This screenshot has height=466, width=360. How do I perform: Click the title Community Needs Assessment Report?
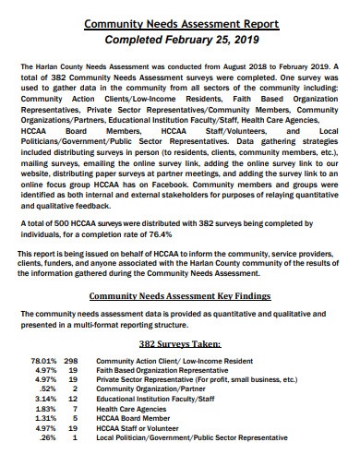179,26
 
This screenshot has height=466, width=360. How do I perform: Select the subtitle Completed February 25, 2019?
179,42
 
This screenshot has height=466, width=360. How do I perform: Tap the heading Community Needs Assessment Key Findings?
179,296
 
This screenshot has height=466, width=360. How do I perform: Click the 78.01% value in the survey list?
44,360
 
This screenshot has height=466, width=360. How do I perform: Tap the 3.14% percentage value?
45,399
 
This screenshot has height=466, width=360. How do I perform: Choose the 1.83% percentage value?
45,408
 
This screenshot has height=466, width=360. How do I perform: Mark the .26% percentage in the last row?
48,436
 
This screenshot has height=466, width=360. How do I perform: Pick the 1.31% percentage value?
45,417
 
